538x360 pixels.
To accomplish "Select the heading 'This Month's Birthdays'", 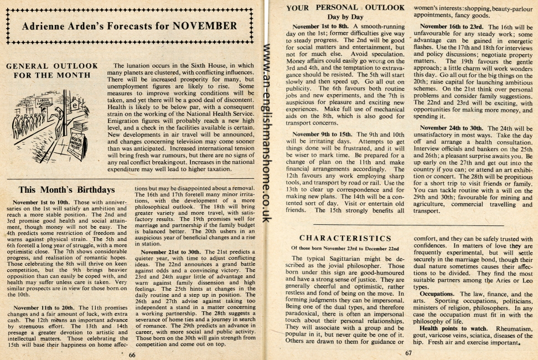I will [x=67, y=190].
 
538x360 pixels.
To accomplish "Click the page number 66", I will [x=132, y=354].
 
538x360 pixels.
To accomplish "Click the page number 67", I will [x=408, y=353].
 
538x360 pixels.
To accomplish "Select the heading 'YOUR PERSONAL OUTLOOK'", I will [x=345, y=8].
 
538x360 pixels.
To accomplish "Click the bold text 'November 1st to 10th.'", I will [x=40, y=203].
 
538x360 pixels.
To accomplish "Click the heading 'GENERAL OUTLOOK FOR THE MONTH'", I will [x=51, y=70].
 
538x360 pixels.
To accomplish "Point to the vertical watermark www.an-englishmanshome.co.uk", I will [x=266, y=133].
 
